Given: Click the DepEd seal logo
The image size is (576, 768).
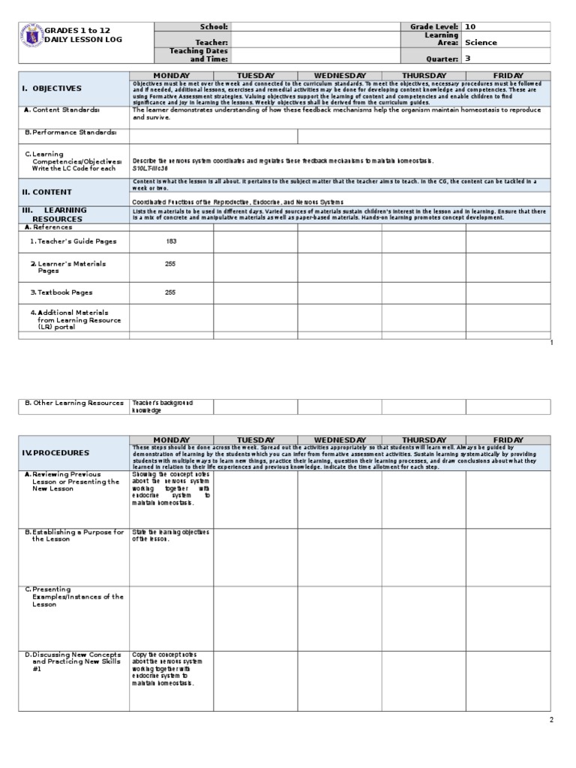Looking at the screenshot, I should pyautogui.click(x=32, y=35).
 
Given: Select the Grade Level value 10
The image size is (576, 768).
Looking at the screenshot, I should pyautogui.click(x=470, y=27).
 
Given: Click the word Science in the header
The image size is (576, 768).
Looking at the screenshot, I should pyautogui.click(x=481, y=43).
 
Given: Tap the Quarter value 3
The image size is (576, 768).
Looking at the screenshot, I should pyautogui.click(x=468, y=58).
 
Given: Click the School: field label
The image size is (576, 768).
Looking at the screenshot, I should pyautogui.click(x=214, y=27).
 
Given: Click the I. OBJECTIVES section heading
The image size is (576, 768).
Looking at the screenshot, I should pyautogui.click(x=52, y=88).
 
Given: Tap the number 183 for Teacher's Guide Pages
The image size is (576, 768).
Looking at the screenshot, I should pyautogui.click(x=171, y=241).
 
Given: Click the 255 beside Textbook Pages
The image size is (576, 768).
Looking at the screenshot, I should pyautogui.click(x=171, y=292).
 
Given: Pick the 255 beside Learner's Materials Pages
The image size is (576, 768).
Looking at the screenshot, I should pyautogui.click(x=171, y=264).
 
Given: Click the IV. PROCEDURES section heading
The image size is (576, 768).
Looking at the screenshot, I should pyautogui.click(x=55, y=453).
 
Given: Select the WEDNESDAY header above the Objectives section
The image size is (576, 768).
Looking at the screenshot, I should pyautogui.click(x=340, y=76).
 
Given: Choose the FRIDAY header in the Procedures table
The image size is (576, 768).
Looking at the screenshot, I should pyautogui.click(x=508, y=440).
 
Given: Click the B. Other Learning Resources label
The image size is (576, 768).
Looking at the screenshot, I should pyautogui.click(x=73, y=403).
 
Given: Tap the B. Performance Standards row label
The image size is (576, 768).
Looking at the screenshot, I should pyautogui.click(x=71, y=132).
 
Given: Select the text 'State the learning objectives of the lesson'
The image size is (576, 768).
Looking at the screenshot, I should pyautogui.click(x=162, y=535).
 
